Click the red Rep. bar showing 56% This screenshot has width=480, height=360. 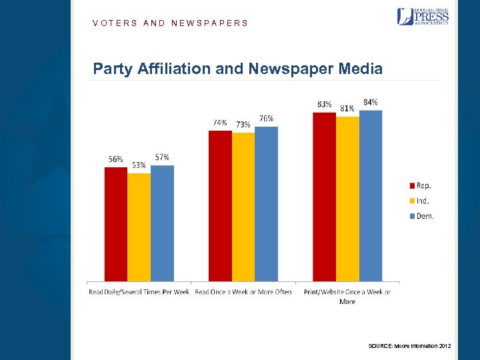[115, 224]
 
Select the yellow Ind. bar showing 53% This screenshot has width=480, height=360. [139, 227]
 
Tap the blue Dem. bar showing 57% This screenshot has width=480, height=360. [162, 223]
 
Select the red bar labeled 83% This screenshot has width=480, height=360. [324, 197]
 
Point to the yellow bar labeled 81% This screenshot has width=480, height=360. [347, 199]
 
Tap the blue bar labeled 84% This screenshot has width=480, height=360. [371, 195]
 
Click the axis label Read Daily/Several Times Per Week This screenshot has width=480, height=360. [139, 292]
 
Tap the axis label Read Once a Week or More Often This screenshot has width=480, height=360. [243, 292]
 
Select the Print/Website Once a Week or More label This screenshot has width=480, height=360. [347, 297]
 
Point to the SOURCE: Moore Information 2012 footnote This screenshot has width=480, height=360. [409, 345]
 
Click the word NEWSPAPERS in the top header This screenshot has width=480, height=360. [209, 23]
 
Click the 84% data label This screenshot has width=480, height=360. [371, 102]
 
